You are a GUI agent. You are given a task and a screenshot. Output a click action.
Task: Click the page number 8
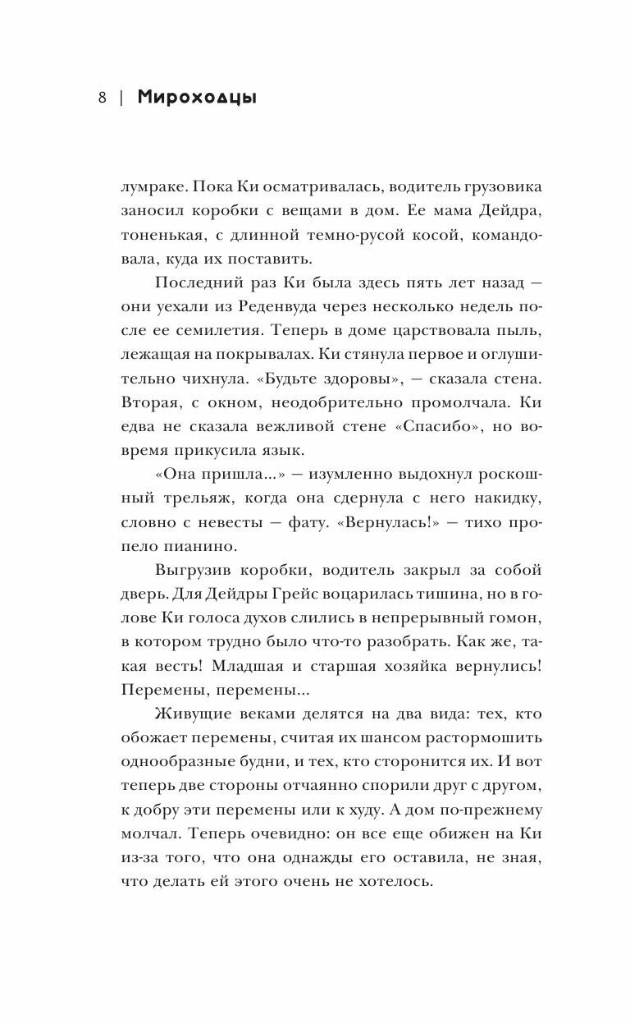tap(102, 99)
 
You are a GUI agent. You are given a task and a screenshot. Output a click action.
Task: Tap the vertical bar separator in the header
tap(121, 99)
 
